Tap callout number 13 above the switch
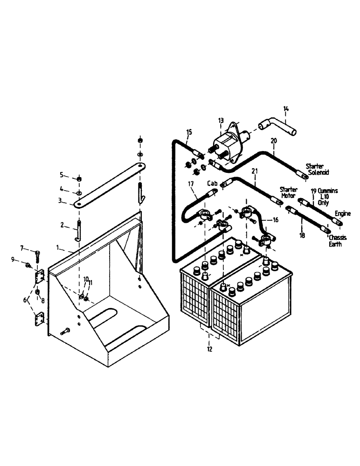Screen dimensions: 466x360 tap(221, 120)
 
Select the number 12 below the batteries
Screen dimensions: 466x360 tap(209, 349)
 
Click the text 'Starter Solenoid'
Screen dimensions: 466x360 tap(317, 169)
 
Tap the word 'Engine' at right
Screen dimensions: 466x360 tap(342, 213)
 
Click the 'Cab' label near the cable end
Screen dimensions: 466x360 tap(212, 184)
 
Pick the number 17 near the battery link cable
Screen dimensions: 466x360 tap(191, 184)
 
